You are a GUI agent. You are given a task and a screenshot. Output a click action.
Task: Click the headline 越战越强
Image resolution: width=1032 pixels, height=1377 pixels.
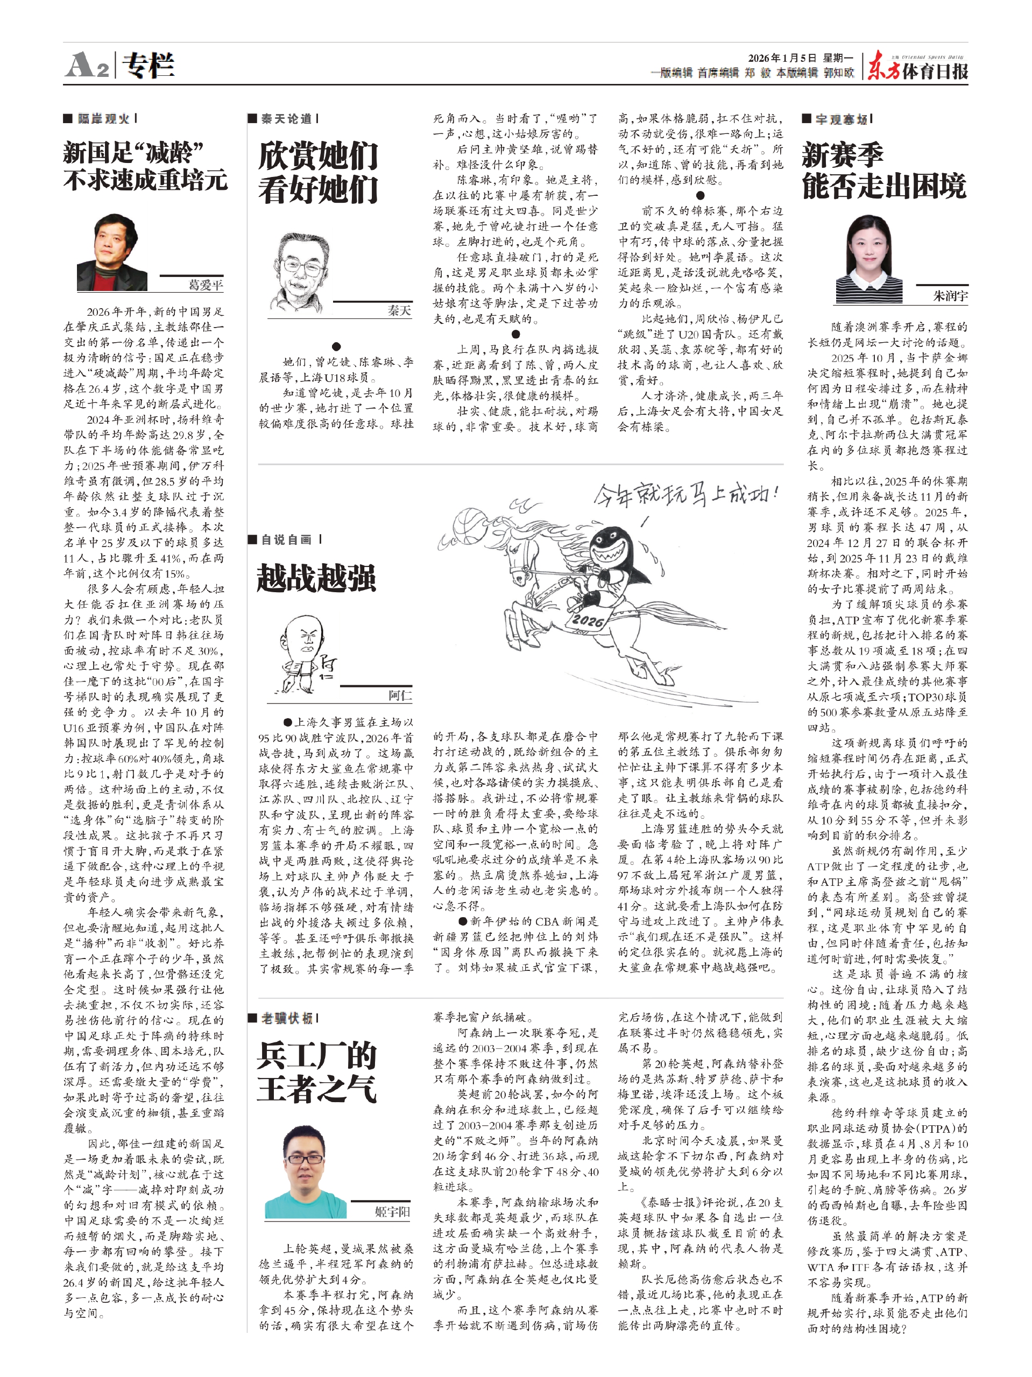click(316, 578)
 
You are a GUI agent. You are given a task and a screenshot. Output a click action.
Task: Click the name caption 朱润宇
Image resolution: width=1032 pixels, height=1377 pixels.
click(950, 296)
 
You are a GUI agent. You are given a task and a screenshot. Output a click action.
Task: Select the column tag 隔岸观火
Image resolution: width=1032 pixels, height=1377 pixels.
click(104, 118)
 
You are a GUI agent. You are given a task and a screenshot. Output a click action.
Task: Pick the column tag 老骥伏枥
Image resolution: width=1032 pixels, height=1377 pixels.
click(286, 1018)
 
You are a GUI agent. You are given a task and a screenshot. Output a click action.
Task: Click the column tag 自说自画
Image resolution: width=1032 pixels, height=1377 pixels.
click(286, 539)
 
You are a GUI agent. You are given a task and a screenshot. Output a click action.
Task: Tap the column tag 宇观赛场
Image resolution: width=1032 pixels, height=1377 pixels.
click(842, 118)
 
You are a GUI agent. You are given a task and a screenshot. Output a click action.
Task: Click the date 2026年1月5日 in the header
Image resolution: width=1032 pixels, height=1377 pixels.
click(783, 59)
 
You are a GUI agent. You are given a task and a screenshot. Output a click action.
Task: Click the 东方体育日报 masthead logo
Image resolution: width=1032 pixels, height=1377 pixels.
click(918, 66)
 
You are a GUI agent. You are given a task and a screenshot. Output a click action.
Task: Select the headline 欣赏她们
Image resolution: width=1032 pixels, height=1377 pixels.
click(318, 155)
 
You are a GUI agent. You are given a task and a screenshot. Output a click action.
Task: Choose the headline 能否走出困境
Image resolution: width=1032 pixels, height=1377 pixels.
click(884, 186)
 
